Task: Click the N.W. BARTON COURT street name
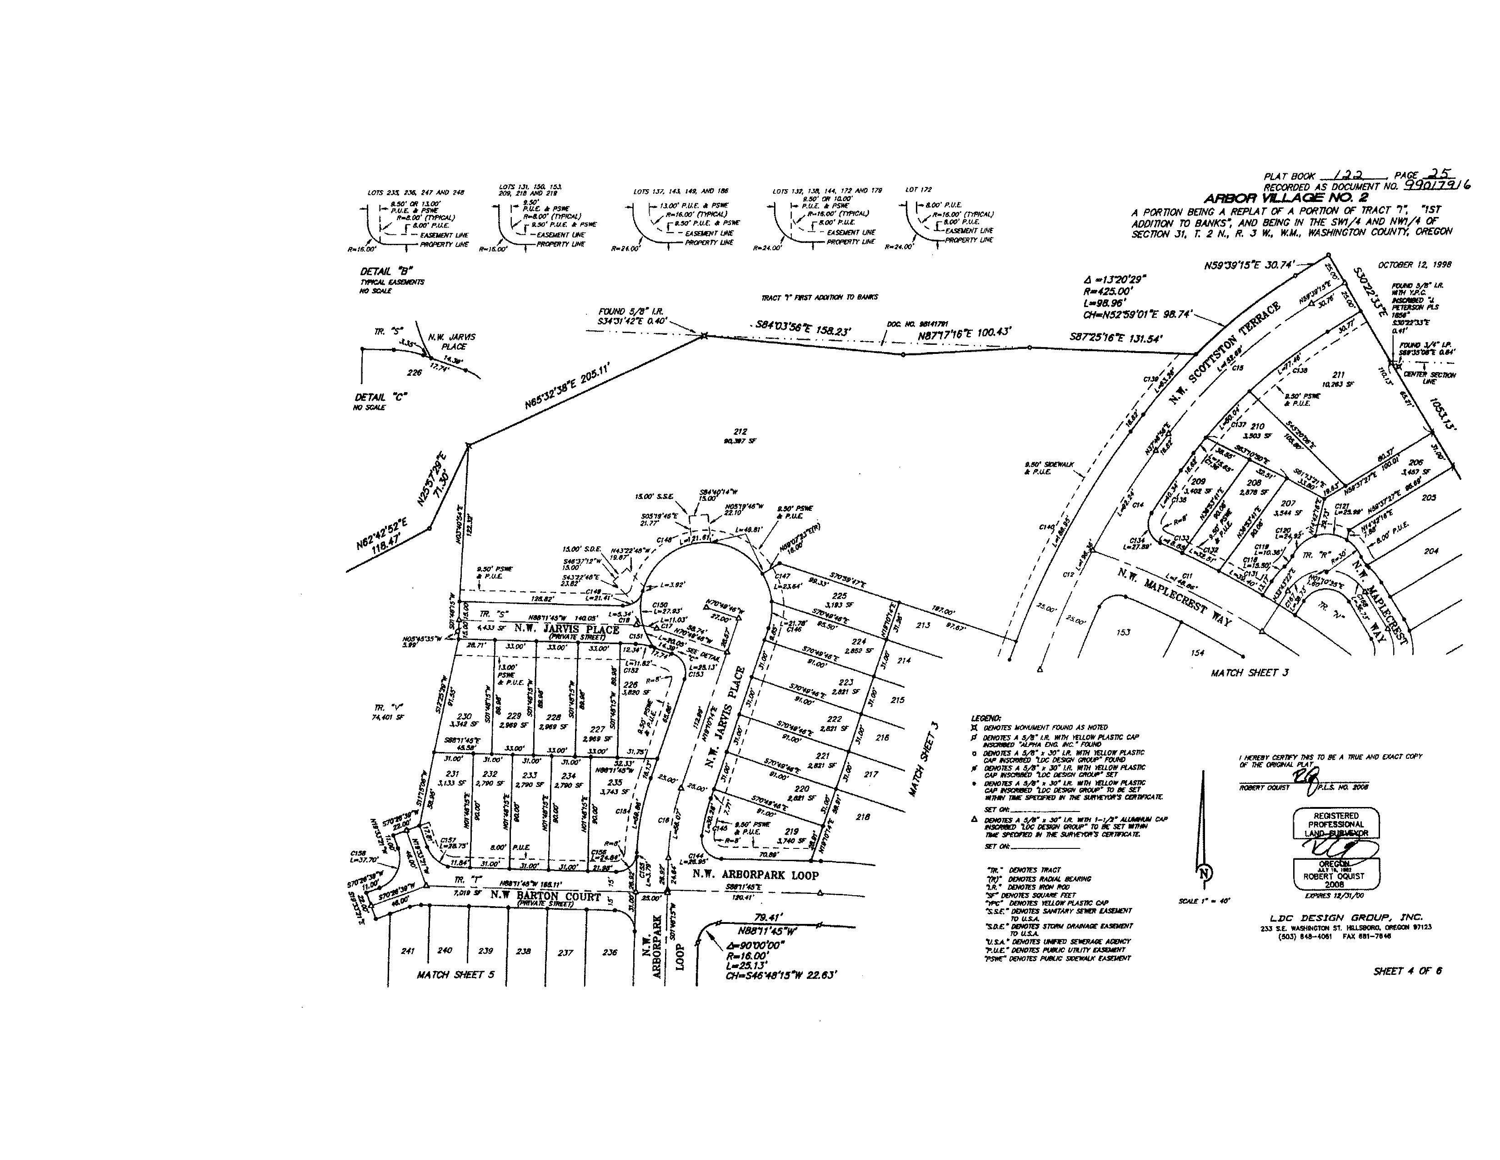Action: (545, 896)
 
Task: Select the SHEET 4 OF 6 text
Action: (1407, 971)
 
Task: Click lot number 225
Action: (839, 596)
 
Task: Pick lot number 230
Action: (464, 716)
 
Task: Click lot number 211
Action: (1338, 374)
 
